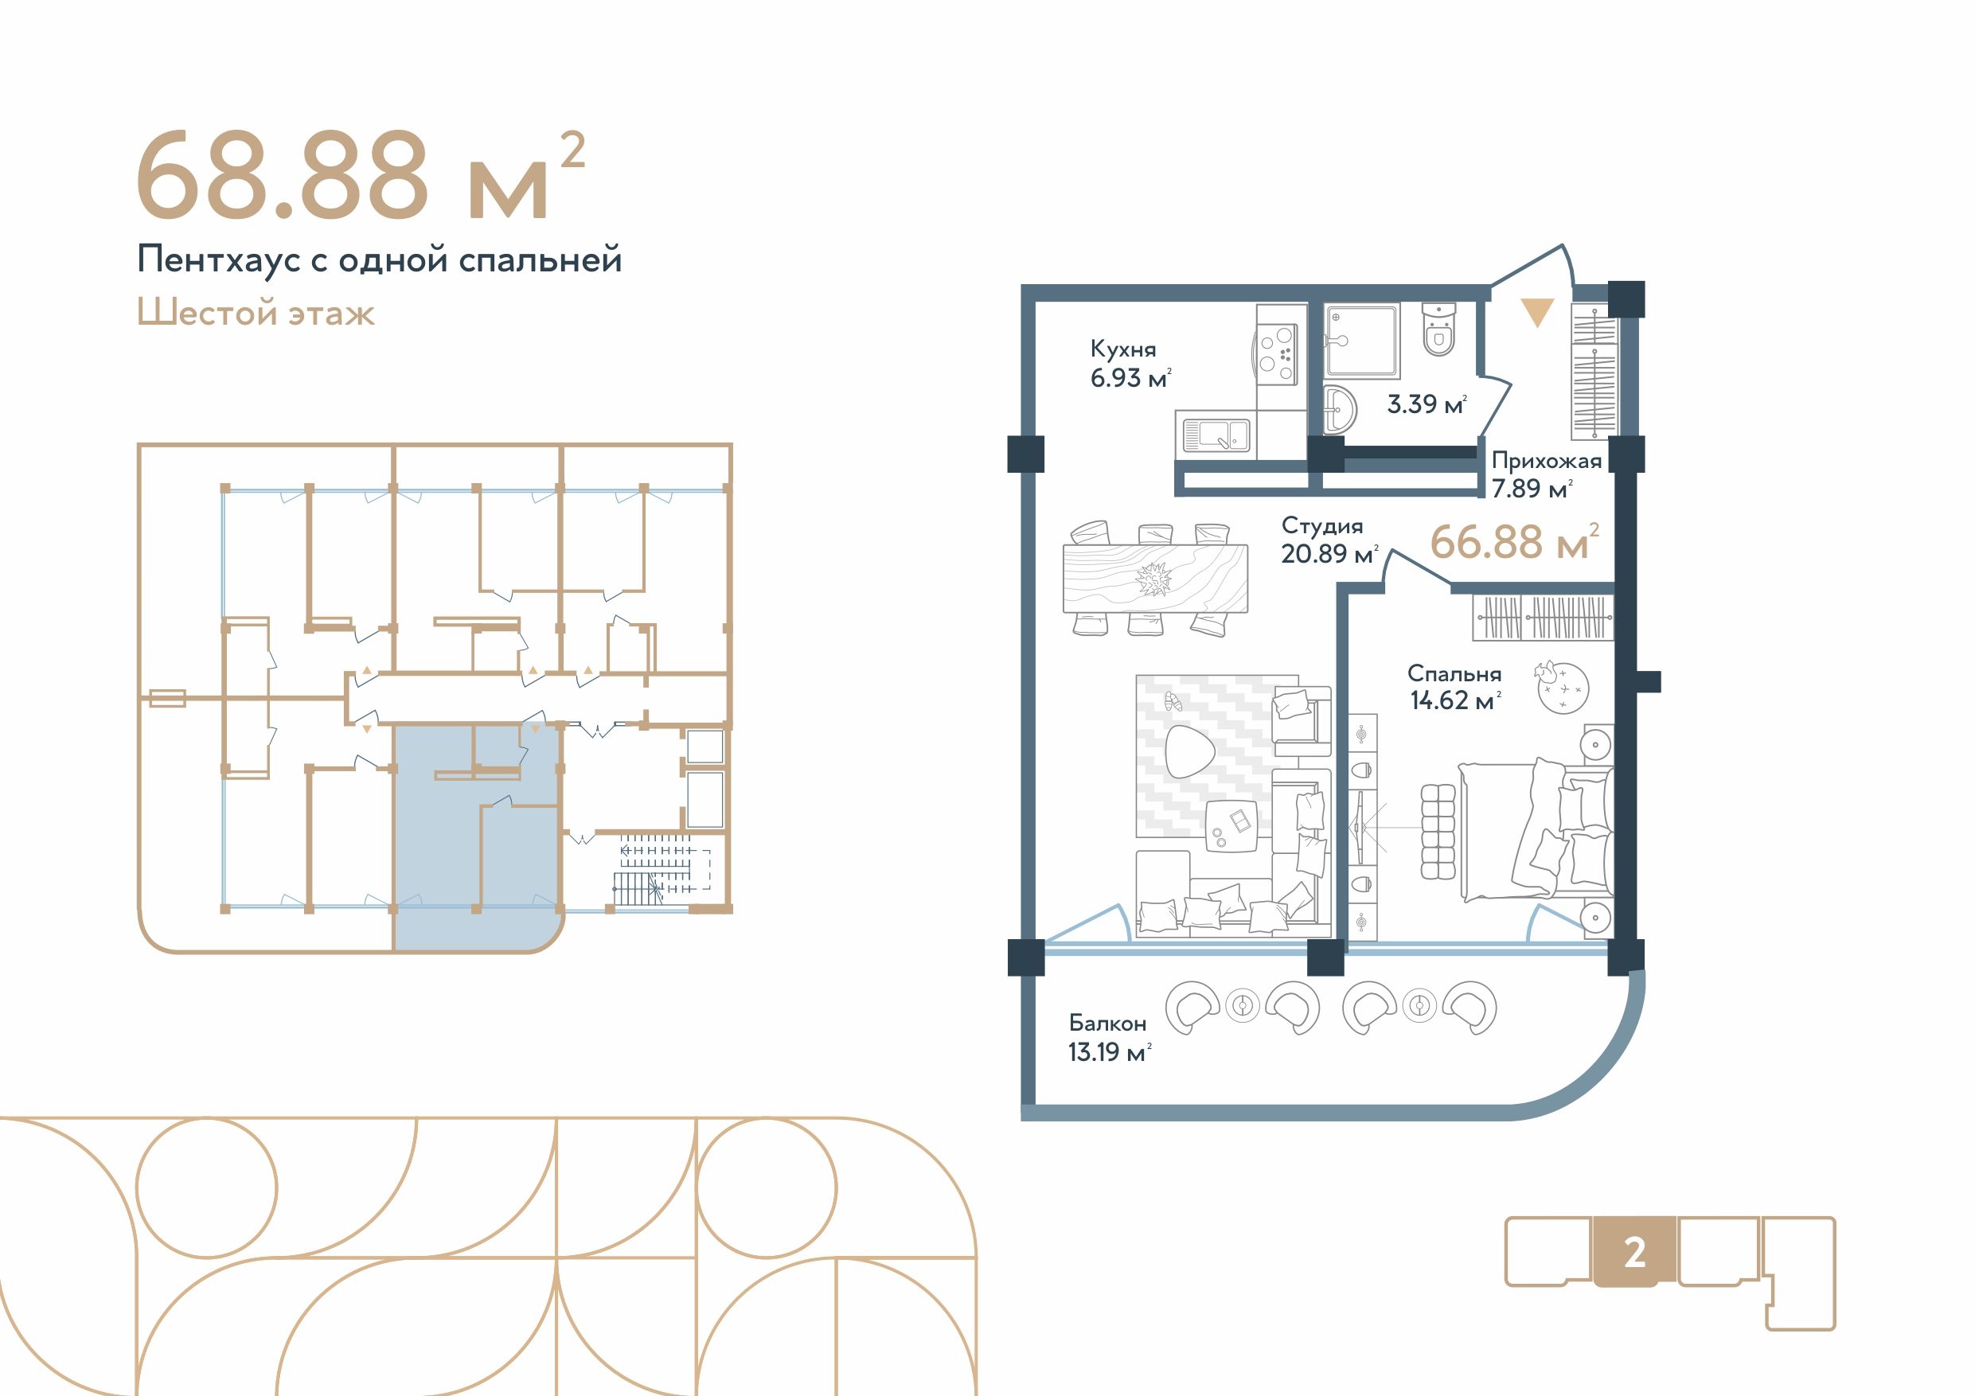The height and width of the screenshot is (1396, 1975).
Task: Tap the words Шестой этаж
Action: point(256,313)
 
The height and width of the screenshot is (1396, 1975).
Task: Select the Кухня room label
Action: point(1122,349)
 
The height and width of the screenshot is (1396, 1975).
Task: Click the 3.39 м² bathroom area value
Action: point(1427,404)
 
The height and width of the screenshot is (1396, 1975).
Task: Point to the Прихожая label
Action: point(1546,461)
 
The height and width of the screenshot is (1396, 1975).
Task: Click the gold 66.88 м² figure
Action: point(1514,542)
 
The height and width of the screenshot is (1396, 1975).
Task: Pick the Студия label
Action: point(1321,525)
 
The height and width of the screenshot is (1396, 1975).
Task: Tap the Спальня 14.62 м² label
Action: point(1454,687)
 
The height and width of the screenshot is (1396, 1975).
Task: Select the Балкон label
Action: point(1107,1023)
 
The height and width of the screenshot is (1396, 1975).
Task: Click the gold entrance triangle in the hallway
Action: point(1537,311)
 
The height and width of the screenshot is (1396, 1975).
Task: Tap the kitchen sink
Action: point(1215,435)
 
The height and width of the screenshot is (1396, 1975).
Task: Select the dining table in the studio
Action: point(1154,578)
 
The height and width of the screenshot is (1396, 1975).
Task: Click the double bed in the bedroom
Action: point(1535,830)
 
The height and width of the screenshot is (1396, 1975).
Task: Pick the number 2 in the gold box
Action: point(1634,1254)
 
